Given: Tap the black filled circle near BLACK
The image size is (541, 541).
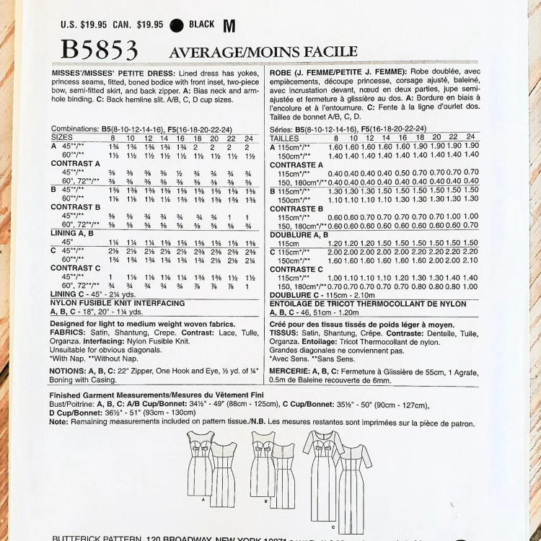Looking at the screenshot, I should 177,25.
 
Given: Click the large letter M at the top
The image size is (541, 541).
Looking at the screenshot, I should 229,27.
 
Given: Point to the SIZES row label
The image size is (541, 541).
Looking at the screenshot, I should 62,136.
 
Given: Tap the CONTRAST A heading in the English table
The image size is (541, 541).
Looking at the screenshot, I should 76,164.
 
